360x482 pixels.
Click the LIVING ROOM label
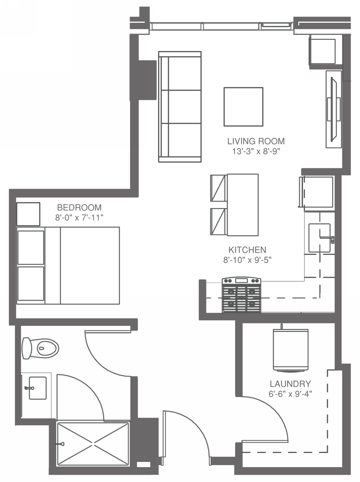tap(256, 141)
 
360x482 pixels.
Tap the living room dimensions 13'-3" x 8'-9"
tap(256, 151)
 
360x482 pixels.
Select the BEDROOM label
tap(79, 208)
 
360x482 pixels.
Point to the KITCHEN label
tap(247, 250)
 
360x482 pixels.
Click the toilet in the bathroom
tap(40, 348)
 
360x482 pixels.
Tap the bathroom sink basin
tap(38, 388)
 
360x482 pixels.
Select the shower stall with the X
tap(93, 444)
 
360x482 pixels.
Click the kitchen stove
tap(241, 295)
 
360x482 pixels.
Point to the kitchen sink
tap(319, 238)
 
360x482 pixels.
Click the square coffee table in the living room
tap(243, 107)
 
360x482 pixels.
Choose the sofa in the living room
tap(180, 107)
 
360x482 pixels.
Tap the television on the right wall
tap(334, 109)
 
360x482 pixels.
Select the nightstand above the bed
tap(28, 214)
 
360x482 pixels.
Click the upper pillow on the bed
tap(31, 247)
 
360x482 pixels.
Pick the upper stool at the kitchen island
tap(218, 188)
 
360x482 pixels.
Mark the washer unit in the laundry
tap(290, 350)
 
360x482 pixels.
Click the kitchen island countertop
tap(243, 205)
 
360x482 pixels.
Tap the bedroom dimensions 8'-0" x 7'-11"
tap(79, 218)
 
